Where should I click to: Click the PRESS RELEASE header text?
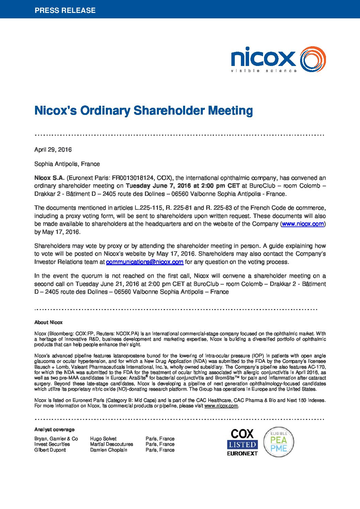pyautogui.click(x=65, y=10)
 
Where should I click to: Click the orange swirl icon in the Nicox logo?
pyautogui.click(x=313, y=60)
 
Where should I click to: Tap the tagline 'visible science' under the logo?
pyautogui.click(x=264, y=71)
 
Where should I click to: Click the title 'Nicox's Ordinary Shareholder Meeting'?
pyautogui.click(x=143, y=111)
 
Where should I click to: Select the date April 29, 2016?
pyautogui.click(x=53, y=150)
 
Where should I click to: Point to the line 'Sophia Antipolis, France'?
pyautogui.click(x=67, y=164)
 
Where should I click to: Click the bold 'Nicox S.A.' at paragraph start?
pyautogui.click(x=49, y=178)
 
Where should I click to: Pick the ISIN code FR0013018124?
pyautogui.click(x=133, y=178)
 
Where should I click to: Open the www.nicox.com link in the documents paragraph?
pyautogui.click(x=302, y=224)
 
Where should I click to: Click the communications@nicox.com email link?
pyautogui.click(x=145, y=262)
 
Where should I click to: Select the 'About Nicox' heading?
pyautogui.click(x=48, y=322)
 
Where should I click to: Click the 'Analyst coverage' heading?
pyautogui.click(x=54, y=429)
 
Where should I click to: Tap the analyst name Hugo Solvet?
pyautogui.click(x=103, y=439)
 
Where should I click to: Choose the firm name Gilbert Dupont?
pyautogui.click(x=50, y=450)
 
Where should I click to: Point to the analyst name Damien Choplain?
pyautogui.click(x=109, y=450)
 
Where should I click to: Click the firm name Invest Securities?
pyautogui.click(x=52, y=444)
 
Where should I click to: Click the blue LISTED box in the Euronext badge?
pyautogui.click(x=242, y=444)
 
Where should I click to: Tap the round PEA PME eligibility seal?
pyautogui.click(x=279, y=442)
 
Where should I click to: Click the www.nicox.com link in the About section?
pyautogui.click(x=221, y=406)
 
